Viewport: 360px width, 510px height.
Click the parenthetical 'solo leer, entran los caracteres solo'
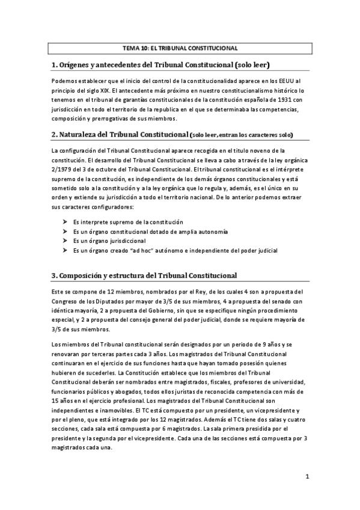[242, 134]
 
